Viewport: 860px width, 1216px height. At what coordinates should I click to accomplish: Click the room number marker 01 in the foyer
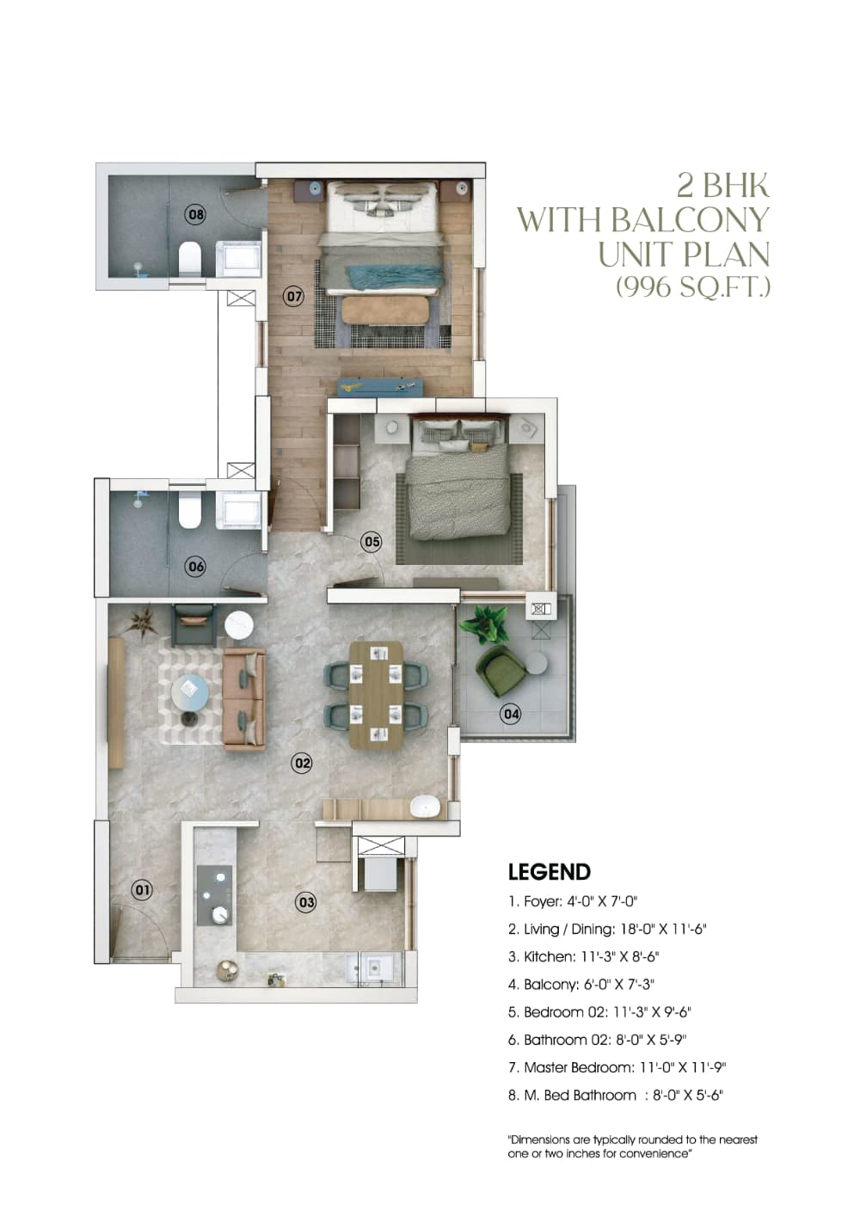[x=142, y=889]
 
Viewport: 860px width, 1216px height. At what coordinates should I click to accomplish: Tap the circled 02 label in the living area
[x=302, y=763]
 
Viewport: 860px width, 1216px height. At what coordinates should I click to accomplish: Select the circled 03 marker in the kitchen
[x=306, y=902]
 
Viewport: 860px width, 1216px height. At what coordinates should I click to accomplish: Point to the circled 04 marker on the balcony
[x=511, y=713]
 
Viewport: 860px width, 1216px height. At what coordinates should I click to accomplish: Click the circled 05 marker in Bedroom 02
[x=372, y=542]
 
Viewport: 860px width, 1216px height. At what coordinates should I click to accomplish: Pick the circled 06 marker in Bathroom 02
[x=196, y=566]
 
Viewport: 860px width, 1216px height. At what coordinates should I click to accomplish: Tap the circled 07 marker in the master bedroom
[x=294, y=297]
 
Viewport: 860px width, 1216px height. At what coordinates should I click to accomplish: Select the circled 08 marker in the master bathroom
[x=196, y=213]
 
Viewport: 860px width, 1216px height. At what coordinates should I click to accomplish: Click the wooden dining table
[x=376, y=694]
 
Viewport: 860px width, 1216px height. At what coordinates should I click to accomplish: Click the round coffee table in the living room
[x=189, y=691]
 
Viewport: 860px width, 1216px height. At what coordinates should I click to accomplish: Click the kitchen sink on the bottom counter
[x=374, y=967]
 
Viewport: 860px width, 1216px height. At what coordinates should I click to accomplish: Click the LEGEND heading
[x=549, y=872]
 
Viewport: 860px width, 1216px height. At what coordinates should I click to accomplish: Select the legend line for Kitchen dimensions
[x=583, y=956]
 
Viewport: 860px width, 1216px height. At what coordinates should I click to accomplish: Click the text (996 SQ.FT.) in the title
[x=692, y=286]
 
